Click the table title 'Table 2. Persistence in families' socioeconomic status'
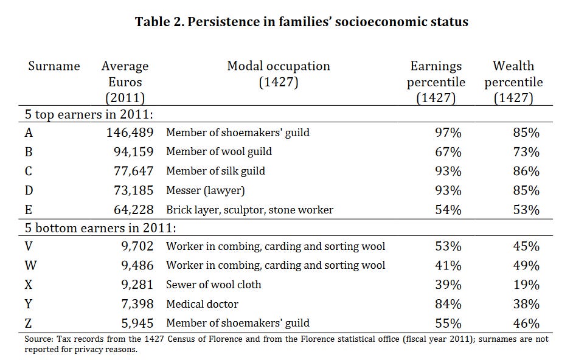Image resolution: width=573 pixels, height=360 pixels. pyautogui.click(x=302, y=22)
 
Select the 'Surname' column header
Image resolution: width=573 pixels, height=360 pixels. pyautogui.click(x=54, y=66)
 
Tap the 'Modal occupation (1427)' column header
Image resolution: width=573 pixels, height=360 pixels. pyautogui.click(x=279, y=74)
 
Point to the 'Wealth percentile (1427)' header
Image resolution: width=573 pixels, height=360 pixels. pyautogui.click(x=513, y=82)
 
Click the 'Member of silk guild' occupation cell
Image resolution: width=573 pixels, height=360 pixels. pyautogui.click(x=215, y=171)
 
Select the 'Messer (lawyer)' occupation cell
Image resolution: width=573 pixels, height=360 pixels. pyautogui.click(x=206, y=190)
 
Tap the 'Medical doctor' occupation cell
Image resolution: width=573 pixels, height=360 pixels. pyautogui.click(x=202, y=303)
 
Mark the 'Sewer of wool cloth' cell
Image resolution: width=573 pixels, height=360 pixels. pyautogui.click(x=214, y=285)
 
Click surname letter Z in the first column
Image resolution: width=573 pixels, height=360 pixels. pyautogui.click(x=29, y=323)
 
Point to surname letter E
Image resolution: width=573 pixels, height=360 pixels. pyautogui.click(x=29, y=210)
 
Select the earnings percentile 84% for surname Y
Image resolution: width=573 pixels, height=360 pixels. pyautogui.click(x=448, y=303)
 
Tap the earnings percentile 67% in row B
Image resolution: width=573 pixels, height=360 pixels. pyautogui.click(x=448, y=151)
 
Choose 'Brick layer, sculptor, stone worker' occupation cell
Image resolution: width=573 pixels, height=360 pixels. pyautogui.click(x=249, y=210)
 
